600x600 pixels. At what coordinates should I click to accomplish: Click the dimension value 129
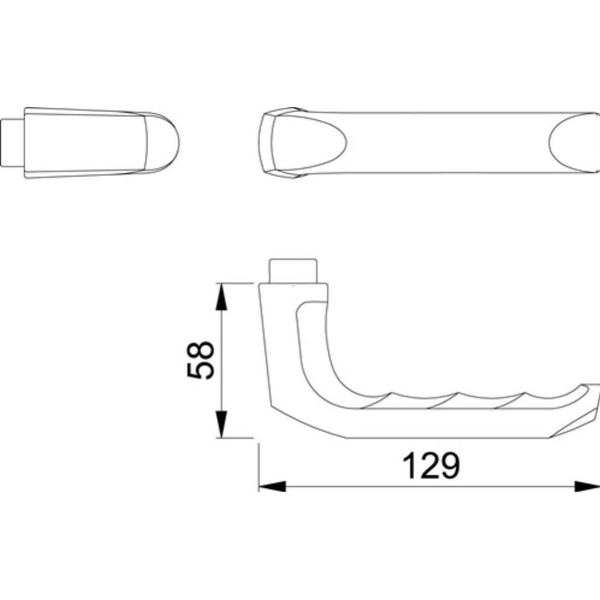click(x=431, y=466)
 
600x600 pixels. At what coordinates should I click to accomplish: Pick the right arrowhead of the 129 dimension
click(x=587, y=486)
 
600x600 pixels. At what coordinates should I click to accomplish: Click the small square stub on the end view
click(x=13, y=143)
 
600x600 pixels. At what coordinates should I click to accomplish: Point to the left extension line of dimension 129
click(x=258, y=467)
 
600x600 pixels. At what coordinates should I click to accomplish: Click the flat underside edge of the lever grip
click(x=446, y=438)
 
